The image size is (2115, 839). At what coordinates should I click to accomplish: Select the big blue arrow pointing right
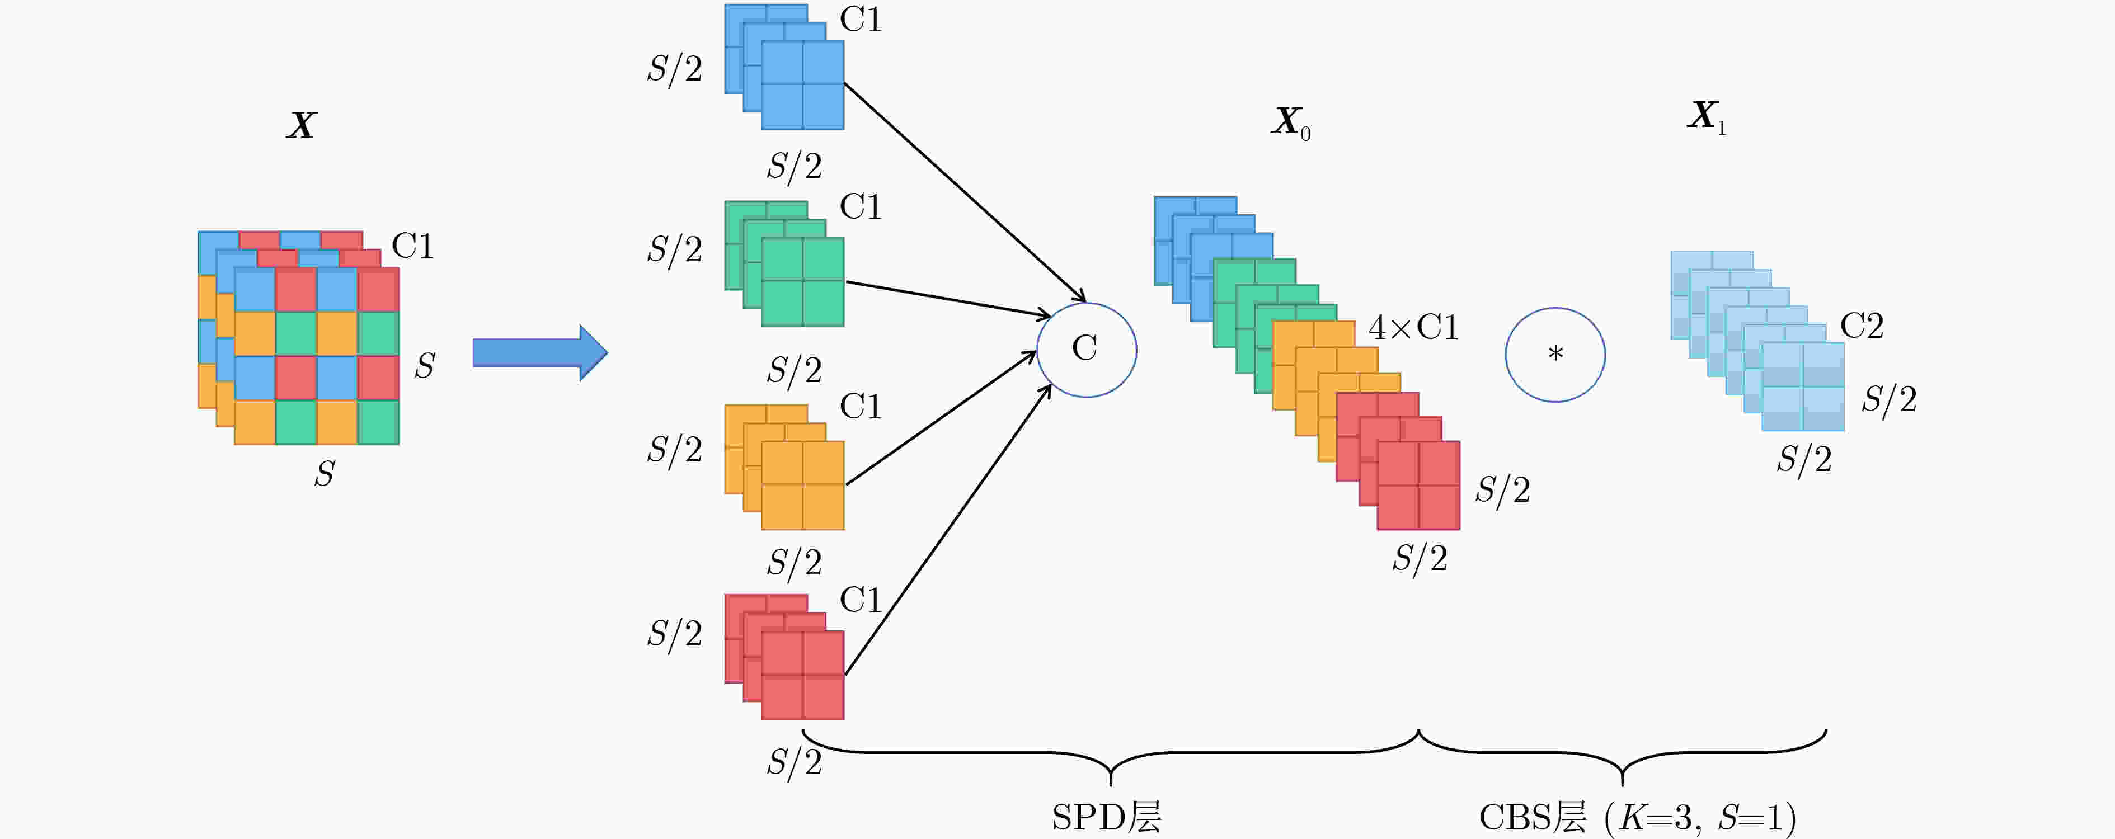point(540,353)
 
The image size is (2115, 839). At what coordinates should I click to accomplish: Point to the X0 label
point(1291,123)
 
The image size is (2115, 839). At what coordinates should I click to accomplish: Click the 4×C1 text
point(1413,328)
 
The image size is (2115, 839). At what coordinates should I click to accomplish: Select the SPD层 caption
point(1107,817)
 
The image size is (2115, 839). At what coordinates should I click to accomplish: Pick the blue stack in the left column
point(784,67)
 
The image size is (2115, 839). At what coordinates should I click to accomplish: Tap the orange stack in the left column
point(784,467)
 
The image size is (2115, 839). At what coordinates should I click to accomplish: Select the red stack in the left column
point(784,657)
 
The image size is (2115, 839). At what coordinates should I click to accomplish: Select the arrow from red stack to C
point(948,530)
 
